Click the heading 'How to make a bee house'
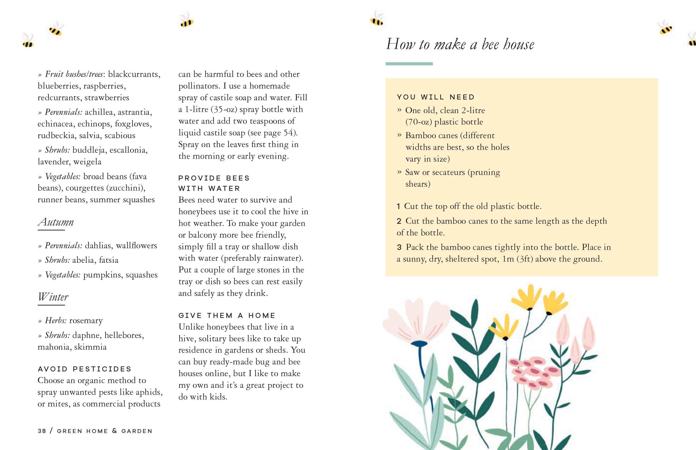(x=460, y=44)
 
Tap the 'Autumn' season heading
(x=56, y=222)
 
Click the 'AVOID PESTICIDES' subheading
(x=84, y=369)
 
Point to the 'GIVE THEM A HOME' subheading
(x=227, y=316)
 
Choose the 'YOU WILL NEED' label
(x=436, y=97)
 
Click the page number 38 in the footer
(x=42, y=431)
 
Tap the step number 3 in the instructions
(x=399, y=247)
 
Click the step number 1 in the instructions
(x=398, y=206)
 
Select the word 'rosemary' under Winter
(x=86, y=320)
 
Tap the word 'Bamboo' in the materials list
(x=416, y=135)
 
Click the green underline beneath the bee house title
(x=409, y=64)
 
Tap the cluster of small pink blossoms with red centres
(x=533, y=373)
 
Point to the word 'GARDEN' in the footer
(x=137, y=431)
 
